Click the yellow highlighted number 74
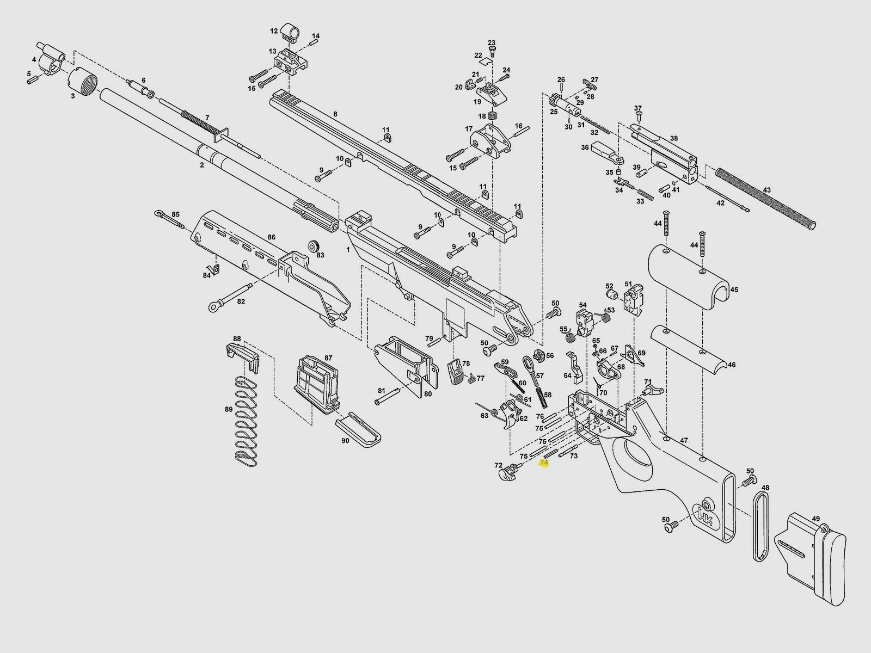point(543,463)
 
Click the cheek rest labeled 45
point(691,278)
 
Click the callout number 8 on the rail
point(335,114)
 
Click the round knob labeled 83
point(313,247)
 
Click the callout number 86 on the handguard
point(271,237)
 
